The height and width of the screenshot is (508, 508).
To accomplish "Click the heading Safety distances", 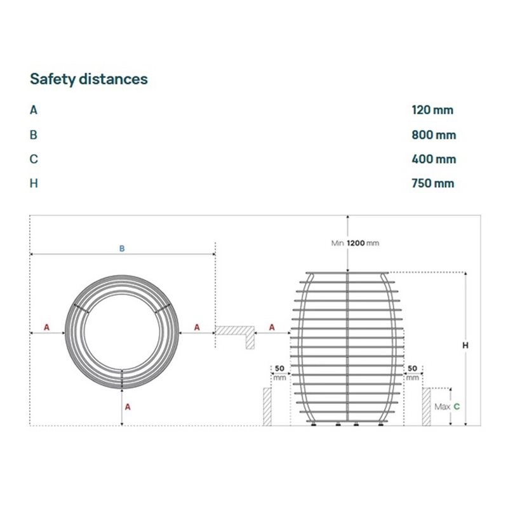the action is pyautogui.click(x=89, y=79).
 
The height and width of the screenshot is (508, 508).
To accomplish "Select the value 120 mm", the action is pyautogui.click(x=432, y=110).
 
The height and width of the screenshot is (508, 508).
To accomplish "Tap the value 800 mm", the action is pyautogui.click(x=434, y=135).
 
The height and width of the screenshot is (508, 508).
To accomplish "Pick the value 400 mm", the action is pyautogui.click(x=434, y=159).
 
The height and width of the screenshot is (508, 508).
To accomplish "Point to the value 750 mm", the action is pyautogui.click(x=433, y=184).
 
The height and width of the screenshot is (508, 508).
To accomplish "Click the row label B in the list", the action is pyautogui.click(x=34, y=135).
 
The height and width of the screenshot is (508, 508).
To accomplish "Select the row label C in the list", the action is pyautogui.click(x=34, y=159).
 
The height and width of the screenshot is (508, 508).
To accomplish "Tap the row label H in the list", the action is pyautogui.click(x=34, y=184).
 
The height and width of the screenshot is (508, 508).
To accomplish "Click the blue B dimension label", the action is pyautogui.click(x=122, y=248).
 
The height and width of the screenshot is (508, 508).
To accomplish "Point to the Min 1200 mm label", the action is pyautogui.click(x=355, y=243).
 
